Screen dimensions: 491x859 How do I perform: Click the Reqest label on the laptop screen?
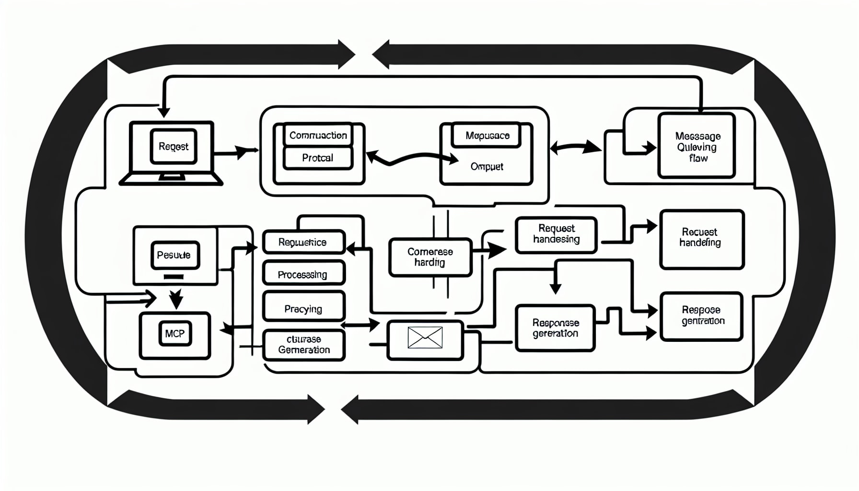[174, 147]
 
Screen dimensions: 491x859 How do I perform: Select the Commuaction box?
[318, 135]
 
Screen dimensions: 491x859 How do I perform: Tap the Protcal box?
[318, 158]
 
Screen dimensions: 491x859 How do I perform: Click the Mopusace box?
[487, 136]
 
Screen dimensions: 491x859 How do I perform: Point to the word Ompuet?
[487, 166]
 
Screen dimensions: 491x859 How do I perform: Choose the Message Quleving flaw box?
[697, 146]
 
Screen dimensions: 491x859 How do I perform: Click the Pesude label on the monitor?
[174, 255]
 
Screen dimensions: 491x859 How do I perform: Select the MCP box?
[174, 334]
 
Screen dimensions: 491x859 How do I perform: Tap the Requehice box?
[303, 242]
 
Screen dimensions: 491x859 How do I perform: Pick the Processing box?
[303, 274]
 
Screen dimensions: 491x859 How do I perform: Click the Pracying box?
[303, 309]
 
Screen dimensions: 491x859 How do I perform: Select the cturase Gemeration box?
[303, 345]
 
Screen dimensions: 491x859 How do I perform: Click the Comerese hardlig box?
[430, 257]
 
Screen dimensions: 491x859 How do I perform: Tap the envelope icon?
[425, 338]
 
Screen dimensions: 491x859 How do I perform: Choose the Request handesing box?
[556, 234]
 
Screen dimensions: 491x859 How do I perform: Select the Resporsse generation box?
[555, 328]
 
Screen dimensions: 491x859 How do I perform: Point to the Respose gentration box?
[701, 316]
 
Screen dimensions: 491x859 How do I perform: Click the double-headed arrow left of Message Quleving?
[575, 147]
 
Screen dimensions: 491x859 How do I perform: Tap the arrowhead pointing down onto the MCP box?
[176, 301]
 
